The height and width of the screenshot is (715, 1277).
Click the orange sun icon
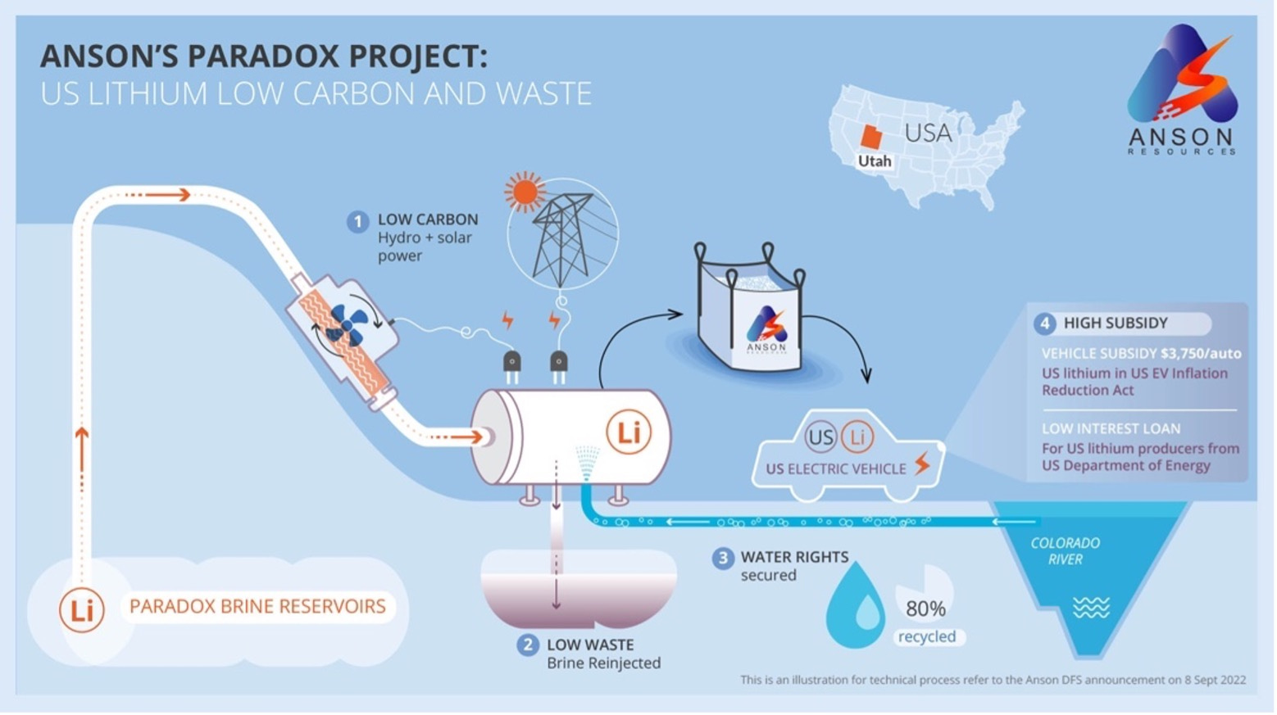click(525, 192)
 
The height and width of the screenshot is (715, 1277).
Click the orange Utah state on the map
click(870, 137)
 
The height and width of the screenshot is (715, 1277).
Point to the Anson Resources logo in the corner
click(1182, 90)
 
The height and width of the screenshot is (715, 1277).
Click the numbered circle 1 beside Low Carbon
click(357, 221)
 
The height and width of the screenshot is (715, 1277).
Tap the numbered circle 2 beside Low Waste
click(527, 646)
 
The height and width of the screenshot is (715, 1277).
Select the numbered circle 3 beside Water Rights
click(722, 559)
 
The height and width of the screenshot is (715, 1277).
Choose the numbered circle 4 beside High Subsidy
click(1044, 324)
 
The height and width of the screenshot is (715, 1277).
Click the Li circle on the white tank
click(629, 432)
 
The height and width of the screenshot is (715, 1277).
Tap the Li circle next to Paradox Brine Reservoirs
click(81, 609)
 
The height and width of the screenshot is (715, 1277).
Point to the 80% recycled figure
click(925, 609)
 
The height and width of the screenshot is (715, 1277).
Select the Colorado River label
click(1065, 551)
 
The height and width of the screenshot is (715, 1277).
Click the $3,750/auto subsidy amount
click(1201, 354)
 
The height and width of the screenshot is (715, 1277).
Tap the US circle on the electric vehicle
click(820, 437)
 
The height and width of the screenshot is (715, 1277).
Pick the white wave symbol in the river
click(1091, 608)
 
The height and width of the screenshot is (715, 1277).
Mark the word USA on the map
click(928, 133)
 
